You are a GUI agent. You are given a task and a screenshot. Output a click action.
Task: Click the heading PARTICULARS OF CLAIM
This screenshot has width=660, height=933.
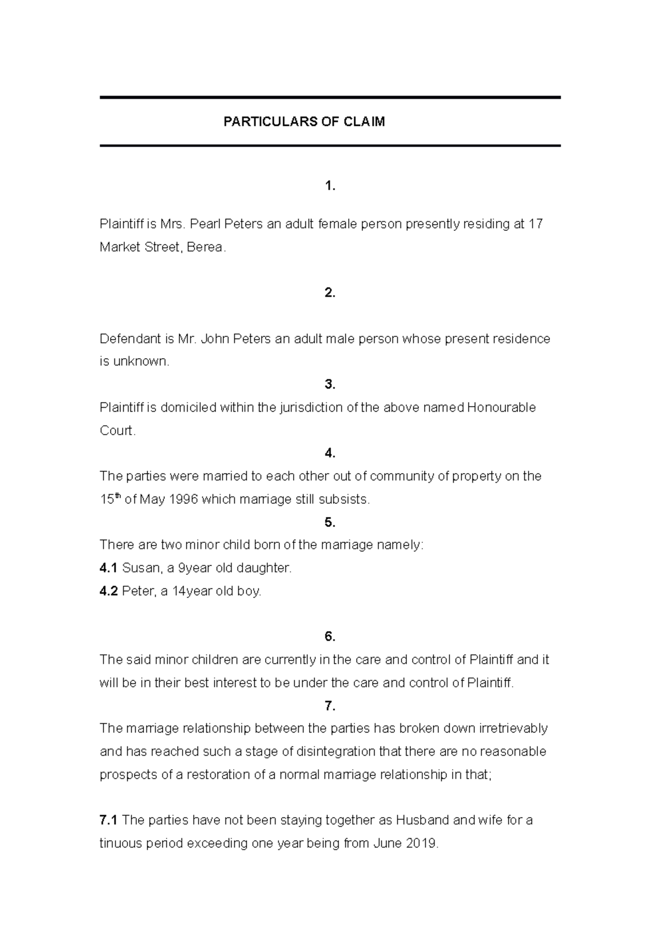pyautogui.click(x=304, y=122)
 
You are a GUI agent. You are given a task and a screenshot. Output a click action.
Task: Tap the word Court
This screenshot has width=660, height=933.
pyautogui.click(x=117, y=431)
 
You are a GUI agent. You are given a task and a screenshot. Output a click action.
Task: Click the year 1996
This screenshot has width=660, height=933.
pyautogui.click(x=182, y=499)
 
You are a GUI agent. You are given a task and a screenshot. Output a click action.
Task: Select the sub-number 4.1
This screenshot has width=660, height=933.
pyautogui.click(x=108, y=568)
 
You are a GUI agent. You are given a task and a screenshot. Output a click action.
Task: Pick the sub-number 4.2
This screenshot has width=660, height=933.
pyautogui.click(x=108, y=591)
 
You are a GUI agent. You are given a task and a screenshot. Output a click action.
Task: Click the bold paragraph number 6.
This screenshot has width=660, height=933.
pyautogui.click(x=329, y=637)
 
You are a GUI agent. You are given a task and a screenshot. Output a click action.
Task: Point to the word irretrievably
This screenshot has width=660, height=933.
pyautogui.click(x=513, y=729)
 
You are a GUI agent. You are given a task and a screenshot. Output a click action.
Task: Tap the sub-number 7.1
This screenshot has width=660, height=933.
pyautogui.click(x=108, y=820)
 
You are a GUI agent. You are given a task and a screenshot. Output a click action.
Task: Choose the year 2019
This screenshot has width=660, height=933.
pyautogui.click(x=421, y=843)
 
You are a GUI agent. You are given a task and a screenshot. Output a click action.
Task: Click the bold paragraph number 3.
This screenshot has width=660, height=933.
pyautogui.click(x=329, y=385)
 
